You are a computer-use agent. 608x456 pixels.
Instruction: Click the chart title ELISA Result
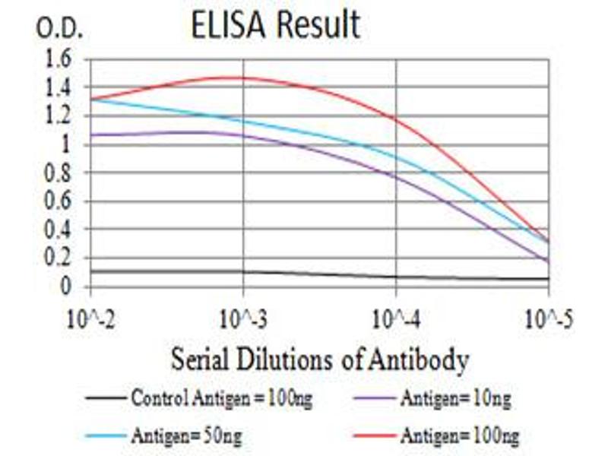(276, 26)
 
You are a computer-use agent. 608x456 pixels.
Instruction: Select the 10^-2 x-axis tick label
(90, 318)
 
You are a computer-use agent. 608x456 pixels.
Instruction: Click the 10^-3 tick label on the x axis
(243, 318)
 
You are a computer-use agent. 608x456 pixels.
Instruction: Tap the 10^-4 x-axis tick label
(396, 318)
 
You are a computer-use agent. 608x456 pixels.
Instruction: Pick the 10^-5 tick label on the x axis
(548, 318)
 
